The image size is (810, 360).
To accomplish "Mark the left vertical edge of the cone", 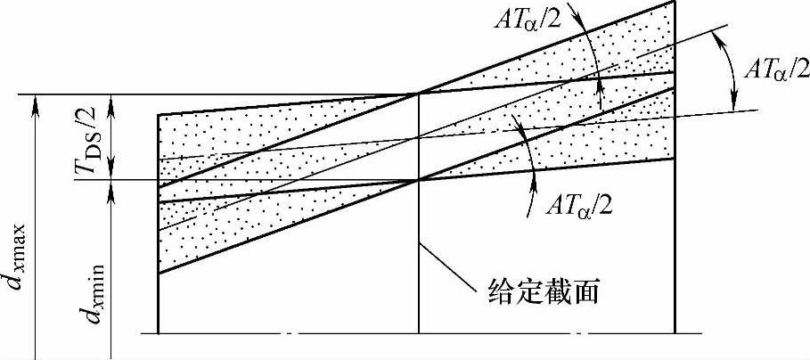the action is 159,303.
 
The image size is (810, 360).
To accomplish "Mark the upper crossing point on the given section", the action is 419,94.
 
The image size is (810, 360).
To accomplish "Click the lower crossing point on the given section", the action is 419,180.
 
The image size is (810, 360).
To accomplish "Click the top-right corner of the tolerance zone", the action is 674,2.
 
